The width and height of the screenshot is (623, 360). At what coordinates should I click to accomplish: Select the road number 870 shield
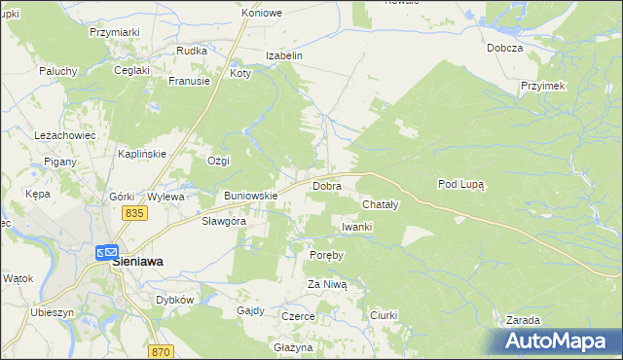[x=162, y=352]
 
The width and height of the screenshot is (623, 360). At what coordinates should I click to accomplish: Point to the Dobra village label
[x=326, y=185]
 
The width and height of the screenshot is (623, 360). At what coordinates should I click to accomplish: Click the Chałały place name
[x=380, y=205]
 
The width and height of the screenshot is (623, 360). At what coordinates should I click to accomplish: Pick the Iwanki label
[x=357, y=227]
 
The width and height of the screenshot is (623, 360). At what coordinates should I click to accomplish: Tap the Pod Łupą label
[x=461, y=183]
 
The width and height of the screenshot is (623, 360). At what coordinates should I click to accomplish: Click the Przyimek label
[x=543, y=86]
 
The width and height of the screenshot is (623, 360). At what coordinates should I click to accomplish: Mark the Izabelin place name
[x=284, y=56]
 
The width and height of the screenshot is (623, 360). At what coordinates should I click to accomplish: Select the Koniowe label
[x=262, y=14]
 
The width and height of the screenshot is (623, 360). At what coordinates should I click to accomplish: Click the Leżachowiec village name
[x=64, y=135]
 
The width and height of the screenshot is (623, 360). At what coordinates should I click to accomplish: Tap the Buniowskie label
[x=251, y=196]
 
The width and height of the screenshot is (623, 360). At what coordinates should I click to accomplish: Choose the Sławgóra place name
[x=223, y=221]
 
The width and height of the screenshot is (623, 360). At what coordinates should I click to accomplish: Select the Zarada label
[x=524, y=320]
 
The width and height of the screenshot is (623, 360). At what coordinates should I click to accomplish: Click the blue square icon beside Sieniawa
[x=104, y=252]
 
